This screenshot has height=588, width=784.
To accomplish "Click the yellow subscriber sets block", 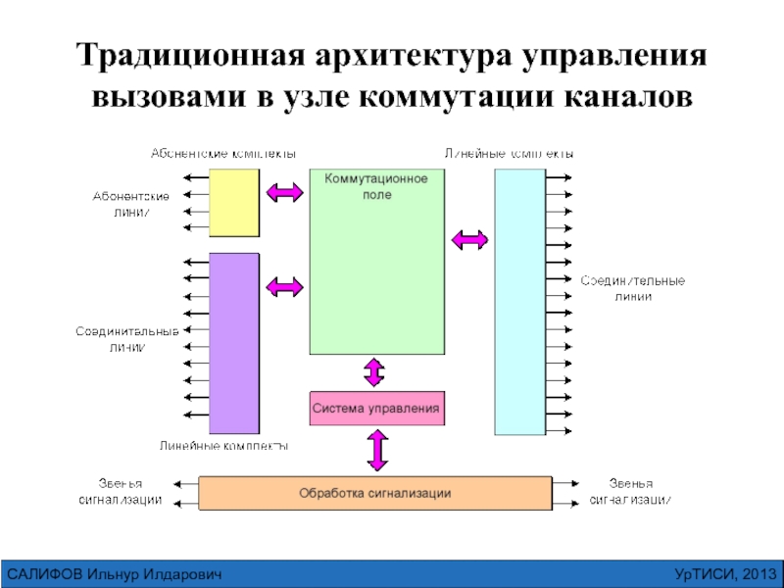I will coord(235,202).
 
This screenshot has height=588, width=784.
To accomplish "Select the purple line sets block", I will coord(234,342).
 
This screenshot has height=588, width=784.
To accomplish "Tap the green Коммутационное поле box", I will coord(375,262).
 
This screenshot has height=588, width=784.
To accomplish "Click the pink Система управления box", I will coord(376,407).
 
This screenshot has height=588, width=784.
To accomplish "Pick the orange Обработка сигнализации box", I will coord(375,493).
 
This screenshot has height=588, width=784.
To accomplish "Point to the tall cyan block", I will coord(519,301).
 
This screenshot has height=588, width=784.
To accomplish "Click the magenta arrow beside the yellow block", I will coord(285,193).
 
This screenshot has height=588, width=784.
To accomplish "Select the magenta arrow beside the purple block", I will coord(285,286).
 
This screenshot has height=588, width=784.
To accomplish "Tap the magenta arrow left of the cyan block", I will coord(469,238).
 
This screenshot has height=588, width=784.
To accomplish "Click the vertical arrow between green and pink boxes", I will coord(374,372).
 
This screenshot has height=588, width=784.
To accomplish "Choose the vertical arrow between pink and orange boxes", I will coord(376,451).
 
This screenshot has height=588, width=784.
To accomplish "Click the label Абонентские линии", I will coord(130,205).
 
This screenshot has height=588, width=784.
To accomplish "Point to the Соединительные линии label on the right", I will coord(633,288).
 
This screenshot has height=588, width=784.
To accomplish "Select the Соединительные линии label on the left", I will coord(128,339).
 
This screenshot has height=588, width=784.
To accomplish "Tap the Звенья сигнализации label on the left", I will coord(121,492).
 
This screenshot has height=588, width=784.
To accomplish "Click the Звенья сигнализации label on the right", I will coord(630,492).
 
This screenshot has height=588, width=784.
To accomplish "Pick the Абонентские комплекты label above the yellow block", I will coord(222,154).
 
